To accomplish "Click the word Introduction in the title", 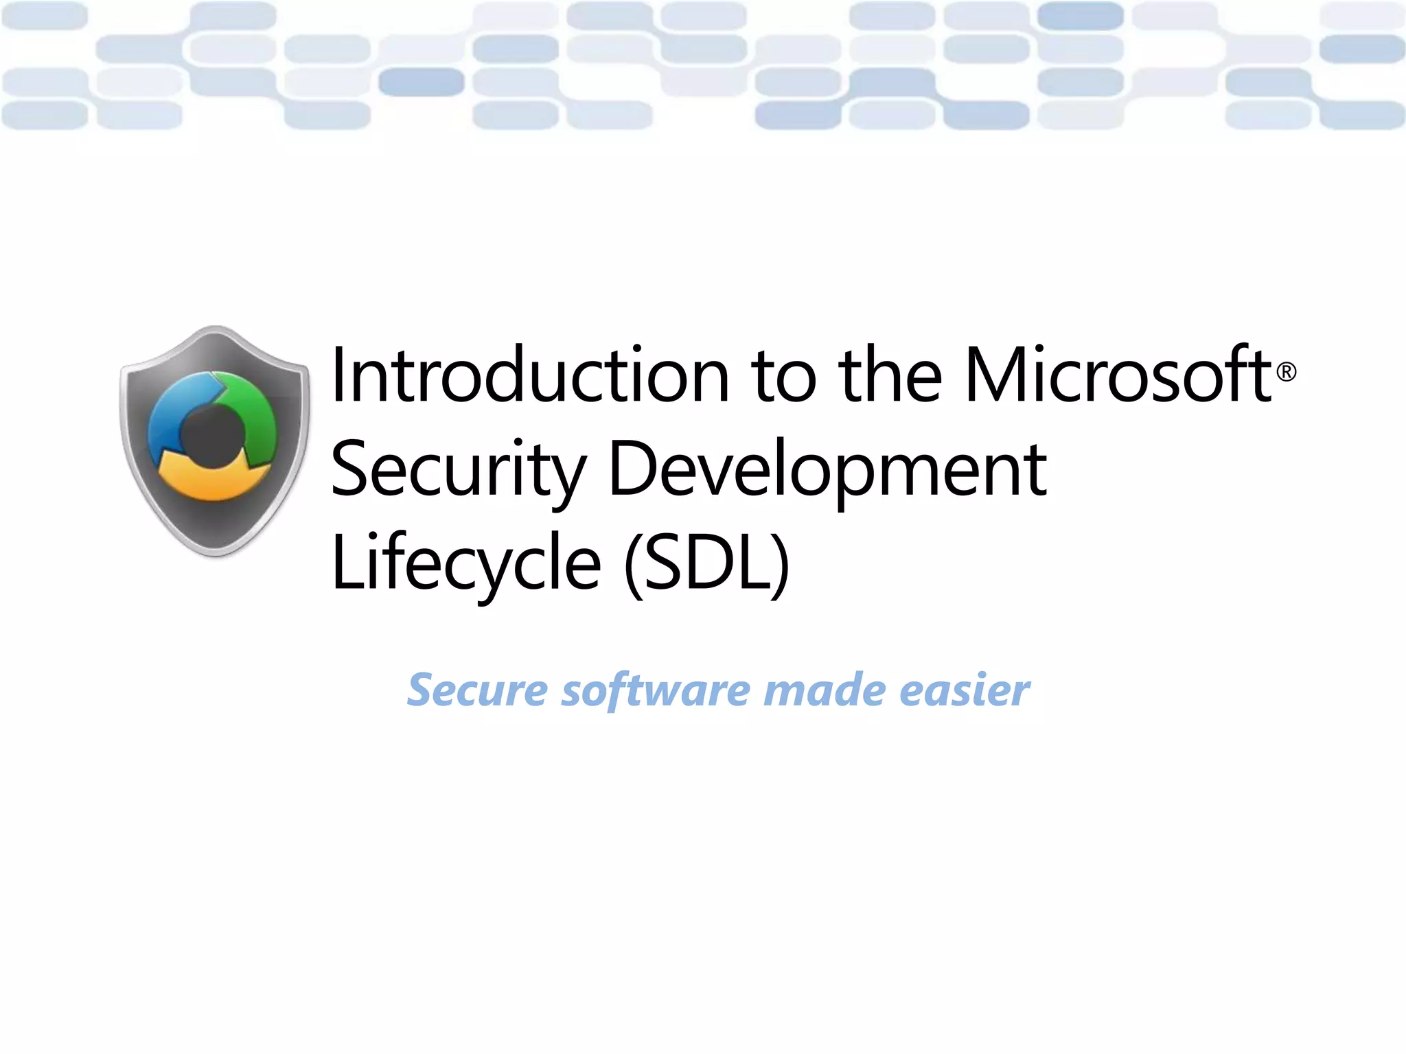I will coord(529,375).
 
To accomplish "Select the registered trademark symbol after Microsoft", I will coord(1286,372).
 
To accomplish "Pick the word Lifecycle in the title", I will coord(465,563).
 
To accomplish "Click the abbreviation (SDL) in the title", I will coord(707,563).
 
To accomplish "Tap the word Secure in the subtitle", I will coord(477,690).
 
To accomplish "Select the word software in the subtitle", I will coord(656,690).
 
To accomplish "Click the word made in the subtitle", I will coord(824,690).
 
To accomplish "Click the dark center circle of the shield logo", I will coord(213,436).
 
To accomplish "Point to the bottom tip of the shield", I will coord(216,553).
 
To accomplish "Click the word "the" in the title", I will coord(890,375).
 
